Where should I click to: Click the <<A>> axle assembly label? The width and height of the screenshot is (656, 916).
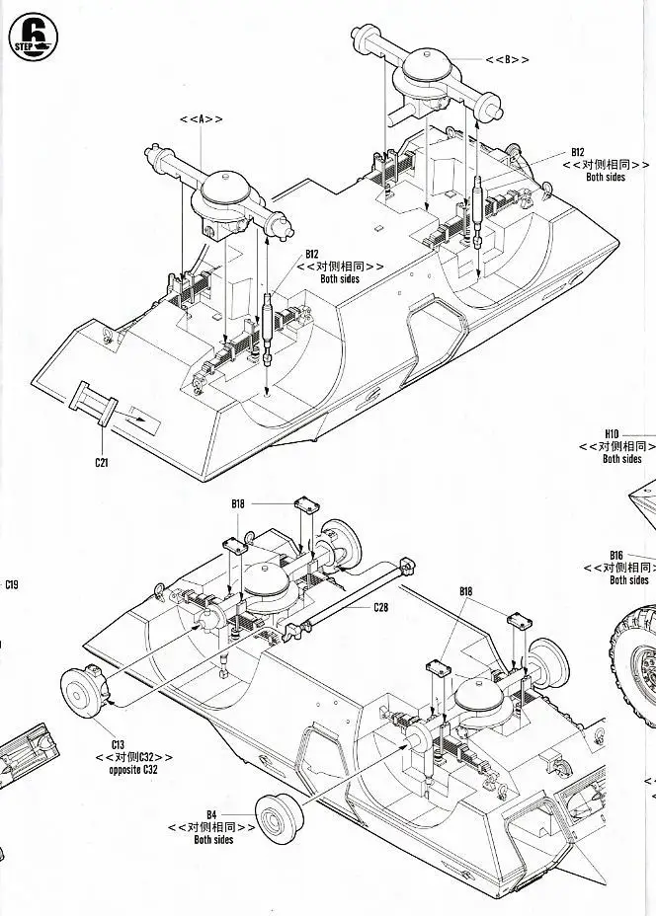(x=201, y=119)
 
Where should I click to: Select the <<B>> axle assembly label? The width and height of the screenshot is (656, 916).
(x=507, y=58)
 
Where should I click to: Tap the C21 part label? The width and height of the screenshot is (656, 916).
(x=103, y=462)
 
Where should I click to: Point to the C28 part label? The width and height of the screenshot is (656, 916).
(x=380, y=607)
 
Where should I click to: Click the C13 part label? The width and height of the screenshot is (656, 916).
(x=118, y=742)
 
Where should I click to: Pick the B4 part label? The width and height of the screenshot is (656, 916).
(x=211, y=814)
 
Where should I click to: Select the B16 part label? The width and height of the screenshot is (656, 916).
(x=616, y=555)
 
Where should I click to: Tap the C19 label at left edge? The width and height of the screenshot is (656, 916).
(x=11, y=584)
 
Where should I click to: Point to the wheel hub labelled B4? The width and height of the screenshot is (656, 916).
(x=278, y=816)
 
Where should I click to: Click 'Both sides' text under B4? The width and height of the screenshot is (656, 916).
(x=213, y=840)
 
